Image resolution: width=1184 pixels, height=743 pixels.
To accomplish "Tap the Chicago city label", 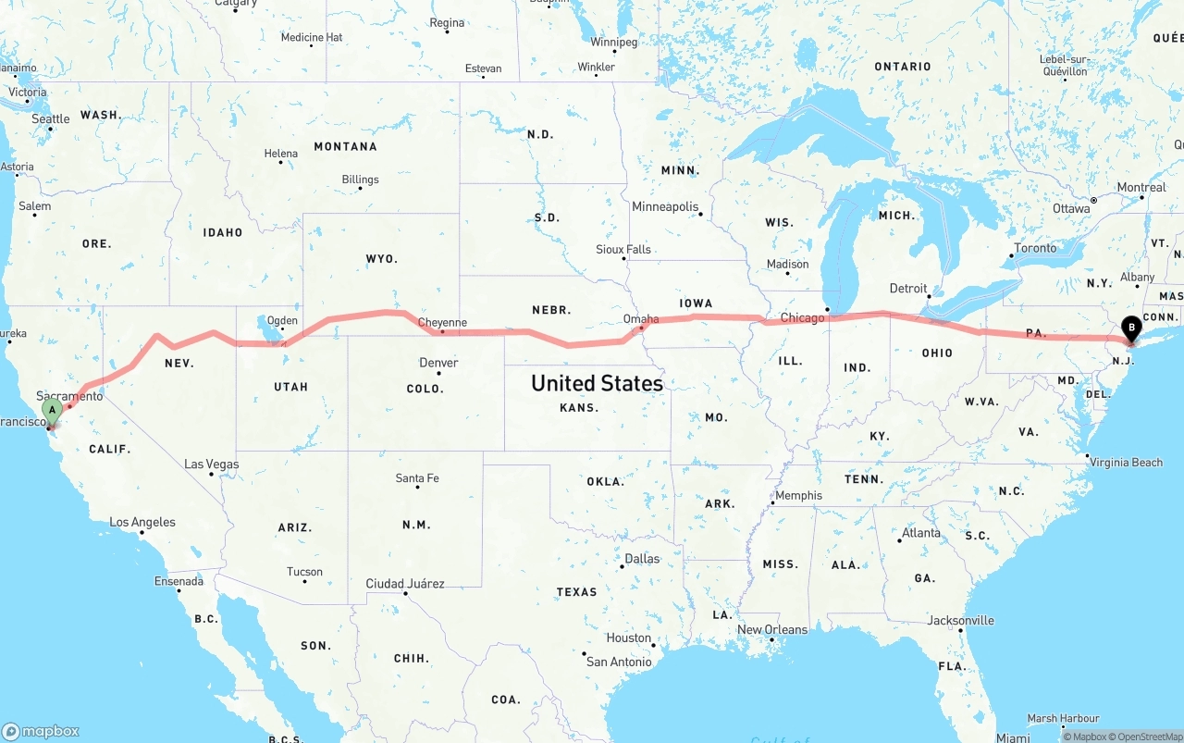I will (802, 318).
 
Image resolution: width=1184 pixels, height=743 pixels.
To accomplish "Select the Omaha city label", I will (641, 319).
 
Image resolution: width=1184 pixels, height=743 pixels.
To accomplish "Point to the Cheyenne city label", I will (442, 323).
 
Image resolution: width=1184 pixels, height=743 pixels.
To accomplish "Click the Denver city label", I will (438, 363).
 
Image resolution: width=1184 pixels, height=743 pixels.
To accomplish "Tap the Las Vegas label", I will (212, 464).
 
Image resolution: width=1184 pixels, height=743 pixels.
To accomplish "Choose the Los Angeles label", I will (142, 523).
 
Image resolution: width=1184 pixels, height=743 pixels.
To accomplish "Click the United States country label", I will (597, 383).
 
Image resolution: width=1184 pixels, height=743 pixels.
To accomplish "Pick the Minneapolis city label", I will (665, 206).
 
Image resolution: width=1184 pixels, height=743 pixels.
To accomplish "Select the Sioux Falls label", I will (623, 250).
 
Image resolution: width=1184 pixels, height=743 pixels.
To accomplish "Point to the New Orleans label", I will (772, 630).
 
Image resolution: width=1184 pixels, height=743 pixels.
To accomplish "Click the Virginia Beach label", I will (1126, 462).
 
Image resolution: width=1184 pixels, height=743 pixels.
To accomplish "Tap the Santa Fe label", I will (417, 478).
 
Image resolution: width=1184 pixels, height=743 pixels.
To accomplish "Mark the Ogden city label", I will (282, 321).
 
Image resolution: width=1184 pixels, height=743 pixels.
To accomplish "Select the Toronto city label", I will (1035, 248).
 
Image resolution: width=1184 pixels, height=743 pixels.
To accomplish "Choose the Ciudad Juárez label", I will (405, 584).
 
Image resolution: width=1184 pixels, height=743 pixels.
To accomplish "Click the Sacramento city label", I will (69, 396).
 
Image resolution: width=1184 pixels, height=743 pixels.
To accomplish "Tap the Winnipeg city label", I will (614, 43).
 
